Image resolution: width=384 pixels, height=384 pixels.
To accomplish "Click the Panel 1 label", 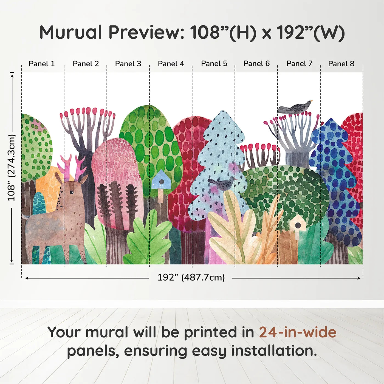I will coord(42,64).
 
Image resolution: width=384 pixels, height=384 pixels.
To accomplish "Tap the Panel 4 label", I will coord(171,64).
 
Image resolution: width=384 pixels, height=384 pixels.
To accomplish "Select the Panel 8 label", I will coord(341,64).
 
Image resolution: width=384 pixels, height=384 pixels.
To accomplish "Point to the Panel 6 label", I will coord(256,64).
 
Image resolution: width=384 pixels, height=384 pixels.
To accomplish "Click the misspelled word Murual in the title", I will coord(71,32).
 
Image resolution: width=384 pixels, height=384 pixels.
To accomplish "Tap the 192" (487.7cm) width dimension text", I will coord(191,277).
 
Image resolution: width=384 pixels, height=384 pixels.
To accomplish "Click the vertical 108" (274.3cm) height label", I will coord(12,168).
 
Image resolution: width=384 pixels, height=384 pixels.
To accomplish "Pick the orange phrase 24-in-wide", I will coord(298,332).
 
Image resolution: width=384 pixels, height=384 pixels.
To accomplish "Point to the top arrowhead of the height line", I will coord(12,75).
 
